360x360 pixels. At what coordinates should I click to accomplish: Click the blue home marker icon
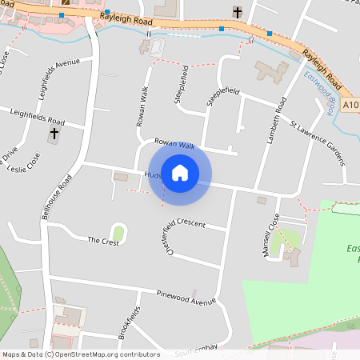(x=180, y=173)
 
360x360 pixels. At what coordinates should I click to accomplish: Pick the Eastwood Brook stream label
(x=320, y=91)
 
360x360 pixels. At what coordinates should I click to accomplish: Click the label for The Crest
(x=103, y=241)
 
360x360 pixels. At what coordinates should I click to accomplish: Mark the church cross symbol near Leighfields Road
(x=54, y=134)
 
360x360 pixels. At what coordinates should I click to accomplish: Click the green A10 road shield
(x=351, y=104)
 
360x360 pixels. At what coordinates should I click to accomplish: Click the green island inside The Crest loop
(x=118, y=233)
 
